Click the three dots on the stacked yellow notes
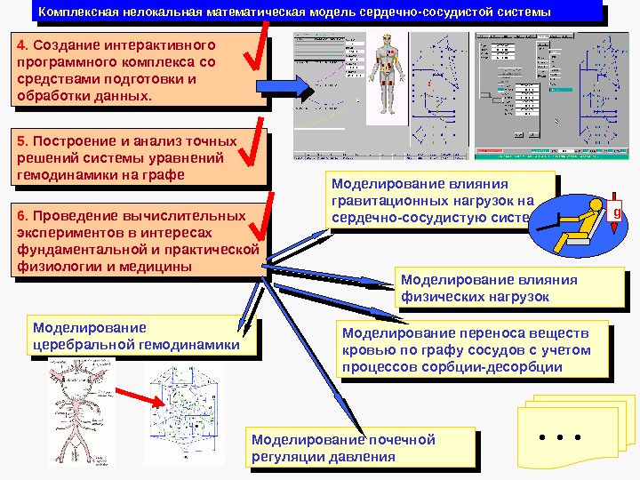tap(560, 437)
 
